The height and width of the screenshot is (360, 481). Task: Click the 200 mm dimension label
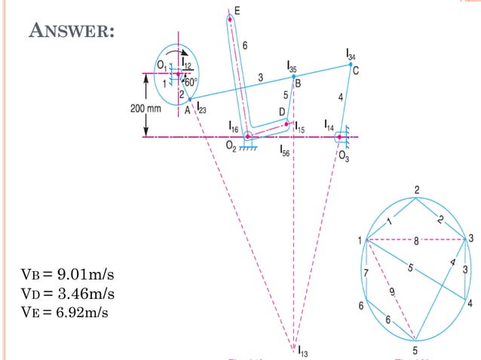146,108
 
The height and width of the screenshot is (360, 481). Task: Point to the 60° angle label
191,83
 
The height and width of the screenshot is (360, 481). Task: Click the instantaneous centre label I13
302,349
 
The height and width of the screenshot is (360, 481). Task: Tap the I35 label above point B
292,69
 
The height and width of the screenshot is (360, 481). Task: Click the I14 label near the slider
330,124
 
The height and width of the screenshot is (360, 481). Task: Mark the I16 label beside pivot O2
234,129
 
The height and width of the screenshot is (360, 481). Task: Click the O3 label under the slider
343,156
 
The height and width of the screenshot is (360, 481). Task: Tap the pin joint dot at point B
294,77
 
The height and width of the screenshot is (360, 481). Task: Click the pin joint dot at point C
351,65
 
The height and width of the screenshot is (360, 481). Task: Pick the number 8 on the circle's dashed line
416,240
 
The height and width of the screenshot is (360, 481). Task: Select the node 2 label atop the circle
416,188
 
